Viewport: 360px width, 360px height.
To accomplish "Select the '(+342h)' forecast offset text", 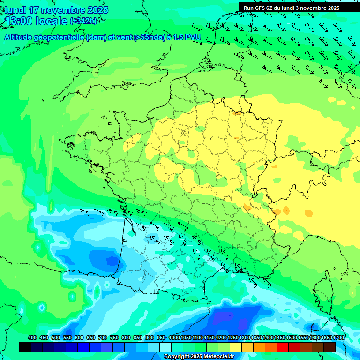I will pos(83,21).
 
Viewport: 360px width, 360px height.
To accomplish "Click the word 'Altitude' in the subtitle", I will pos(18,37).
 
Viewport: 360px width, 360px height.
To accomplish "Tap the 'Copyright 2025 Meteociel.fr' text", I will pos(198,357).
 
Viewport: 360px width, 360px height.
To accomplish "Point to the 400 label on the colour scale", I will pos(32,337).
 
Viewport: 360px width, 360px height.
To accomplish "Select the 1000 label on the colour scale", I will pos(174,337).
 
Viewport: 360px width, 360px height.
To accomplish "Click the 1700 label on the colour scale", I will pos(338,337).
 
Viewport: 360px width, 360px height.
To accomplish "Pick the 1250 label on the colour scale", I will pos(233,337).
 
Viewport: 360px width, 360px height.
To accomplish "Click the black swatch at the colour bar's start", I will pos(25,347).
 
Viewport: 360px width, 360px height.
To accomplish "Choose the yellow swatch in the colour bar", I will pos(236,347).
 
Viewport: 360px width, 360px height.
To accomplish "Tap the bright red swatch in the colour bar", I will pos(283,347).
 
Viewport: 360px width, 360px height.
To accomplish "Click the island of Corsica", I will pos(322,293).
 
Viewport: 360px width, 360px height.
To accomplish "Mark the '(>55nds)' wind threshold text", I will pos(149,37).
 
